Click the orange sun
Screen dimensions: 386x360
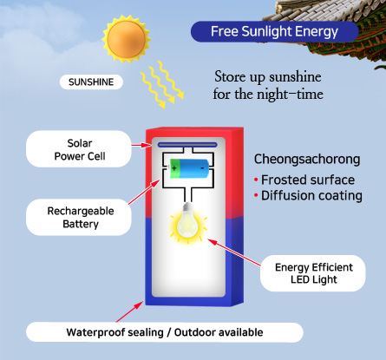pos(126,39)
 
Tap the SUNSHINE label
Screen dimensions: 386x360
pos(91,82)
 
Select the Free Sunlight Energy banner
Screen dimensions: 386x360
pos(274,31)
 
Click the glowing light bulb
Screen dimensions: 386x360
pos(188,223)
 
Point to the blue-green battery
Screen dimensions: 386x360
pos(189,168)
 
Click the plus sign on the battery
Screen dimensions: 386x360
pos(174,168)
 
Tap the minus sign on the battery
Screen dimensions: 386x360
pos(202,167)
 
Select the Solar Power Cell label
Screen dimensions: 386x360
pos(79,149)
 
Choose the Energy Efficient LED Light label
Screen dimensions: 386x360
pos(313,273)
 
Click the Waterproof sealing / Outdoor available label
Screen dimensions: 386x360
pos(165,332)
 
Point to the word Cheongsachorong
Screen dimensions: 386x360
pos(307,160)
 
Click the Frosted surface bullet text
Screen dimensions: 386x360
pos(308,180)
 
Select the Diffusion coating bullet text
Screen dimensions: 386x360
pos(311,196)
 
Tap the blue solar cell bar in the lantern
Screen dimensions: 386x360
pos(187,145)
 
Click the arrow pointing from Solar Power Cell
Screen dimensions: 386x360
pos(141,145)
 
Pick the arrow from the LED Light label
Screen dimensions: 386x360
pos(234,252)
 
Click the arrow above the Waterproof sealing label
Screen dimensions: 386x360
pos(129,311)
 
